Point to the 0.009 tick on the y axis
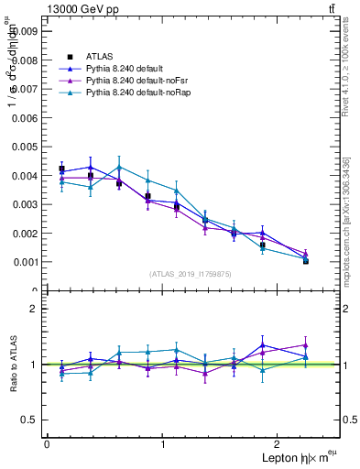pos(26,30)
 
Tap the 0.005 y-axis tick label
pos(26,146)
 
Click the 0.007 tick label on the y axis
pos(26,88)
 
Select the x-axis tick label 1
pos(164,444)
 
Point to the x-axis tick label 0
pos(47,444)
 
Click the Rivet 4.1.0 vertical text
pos(349,69)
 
